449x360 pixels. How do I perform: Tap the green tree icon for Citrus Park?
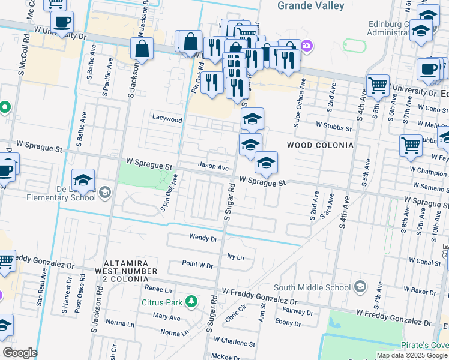pos(191,301)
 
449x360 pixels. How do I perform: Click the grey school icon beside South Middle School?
pos(360,286)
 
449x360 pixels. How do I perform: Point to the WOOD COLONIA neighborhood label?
pos(319,145)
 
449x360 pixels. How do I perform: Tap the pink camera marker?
pos(307,46)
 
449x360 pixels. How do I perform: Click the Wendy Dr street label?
pos(202,238)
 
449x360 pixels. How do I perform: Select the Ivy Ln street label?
pos(235,257)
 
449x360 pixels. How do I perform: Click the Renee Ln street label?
pos(158,289)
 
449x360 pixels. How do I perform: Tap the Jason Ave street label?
pos(214,167)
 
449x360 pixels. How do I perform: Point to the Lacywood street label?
pos(167,119)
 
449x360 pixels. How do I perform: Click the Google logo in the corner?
pos(19,353)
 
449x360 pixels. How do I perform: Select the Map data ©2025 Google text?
pos(412,355)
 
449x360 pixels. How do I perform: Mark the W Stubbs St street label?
pos(334,127)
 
